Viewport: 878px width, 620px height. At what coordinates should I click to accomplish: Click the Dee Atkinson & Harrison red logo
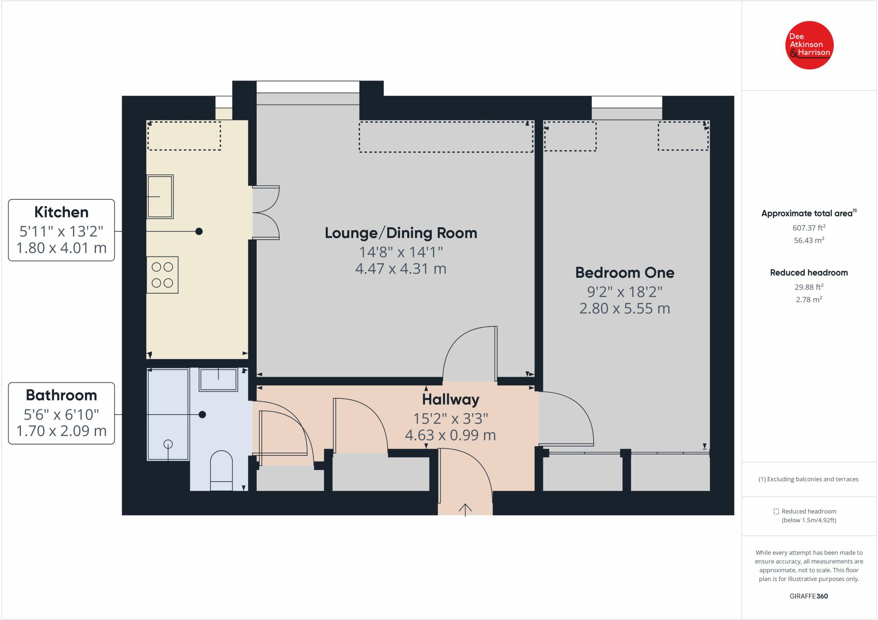[809, 45]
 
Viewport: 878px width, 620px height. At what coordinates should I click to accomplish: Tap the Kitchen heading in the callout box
[61, 212]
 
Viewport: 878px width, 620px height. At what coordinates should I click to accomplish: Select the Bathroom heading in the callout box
[61, 395]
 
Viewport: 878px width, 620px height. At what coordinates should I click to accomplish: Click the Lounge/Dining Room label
[401, 233]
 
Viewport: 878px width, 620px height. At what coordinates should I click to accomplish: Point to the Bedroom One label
[625, 273]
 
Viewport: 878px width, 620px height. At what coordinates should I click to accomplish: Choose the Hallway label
[451, 400]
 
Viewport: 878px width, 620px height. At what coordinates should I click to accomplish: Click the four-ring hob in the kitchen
[162, 275]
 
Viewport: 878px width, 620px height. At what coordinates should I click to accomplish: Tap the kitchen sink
[160, 197]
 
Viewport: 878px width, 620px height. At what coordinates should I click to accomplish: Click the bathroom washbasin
[218, 379]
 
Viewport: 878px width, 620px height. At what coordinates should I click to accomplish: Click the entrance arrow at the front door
[465, 509]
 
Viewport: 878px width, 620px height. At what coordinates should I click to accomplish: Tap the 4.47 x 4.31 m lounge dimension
[401, 269]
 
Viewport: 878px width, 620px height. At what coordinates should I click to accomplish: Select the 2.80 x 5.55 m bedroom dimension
[625, 309]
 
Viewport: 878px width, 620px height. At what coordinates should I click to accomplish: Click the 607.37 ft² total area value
[809, 228]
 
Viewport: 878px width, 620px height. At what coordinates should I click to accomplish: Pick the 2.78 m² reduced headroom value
[809, 299]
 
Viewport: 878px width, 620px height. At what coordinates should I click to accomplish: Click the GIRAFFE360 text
[809, 596]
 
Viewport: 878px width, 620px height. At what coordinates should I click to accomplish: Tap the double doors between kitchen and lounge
[266, 212]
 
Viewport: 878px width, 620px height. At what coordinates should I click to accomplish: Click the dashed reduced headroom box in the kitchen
[184, 136]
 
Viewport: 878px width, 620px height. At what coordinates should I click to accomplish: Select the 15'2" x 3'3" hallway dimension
[451, 418]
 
